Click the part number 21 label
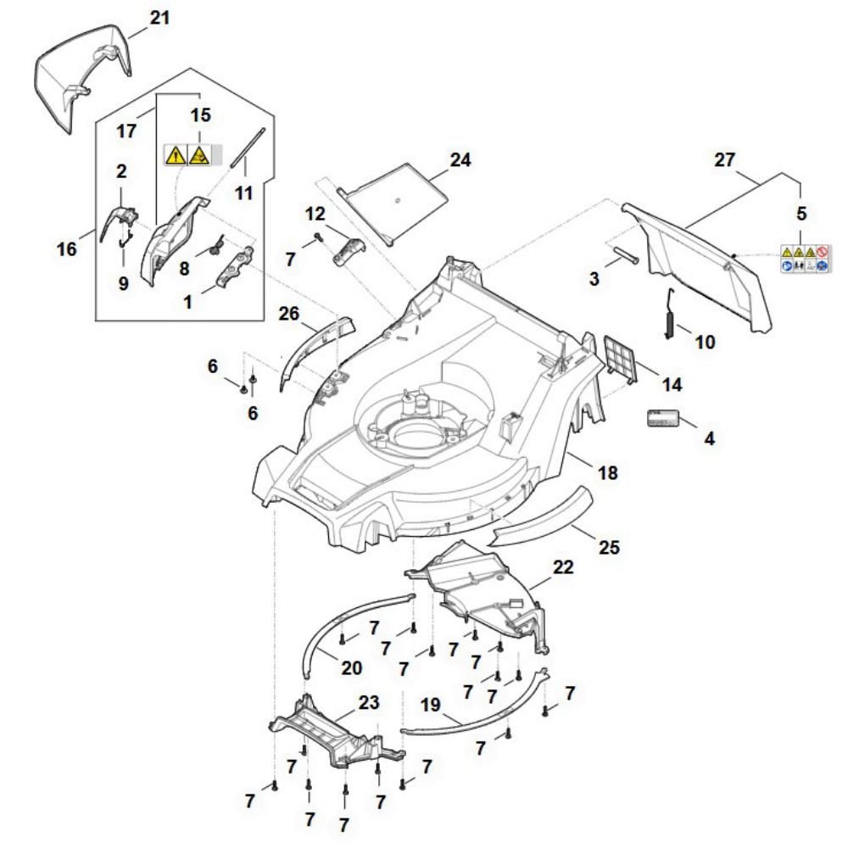160,17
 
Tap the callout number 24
460,159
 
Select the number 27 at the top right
725,159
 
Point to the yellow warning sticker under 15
187,154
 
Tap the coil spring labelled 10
670,315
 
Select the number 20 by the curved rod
351,667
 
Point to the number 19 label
432,704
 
